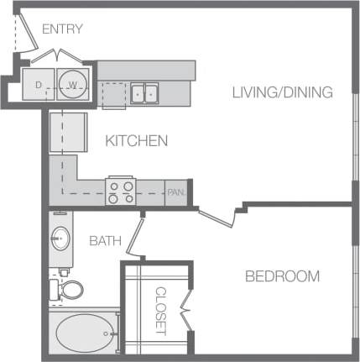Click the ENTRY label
pyautogui.click(x=62, y=29)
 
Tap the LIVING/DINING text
pyautogui.click(x=283, y=92)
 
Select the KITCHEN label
pyautogui.click(x=136, y=141)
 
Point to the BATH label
pyautogui.click(x=105, y=241)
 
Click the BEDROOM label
pyautogui.click(x=282, y=276)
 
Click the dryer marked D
pyautogui.click(x=40, y=85)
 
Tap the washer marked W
pyautogui.click(x=73, y=85)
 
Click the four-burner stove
pyautogui.click(x=120, y=191)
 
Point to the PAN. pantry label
pyautogui.click(x=175, y=192)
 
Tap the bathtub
pyautogui.click(x=84, y=333)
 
